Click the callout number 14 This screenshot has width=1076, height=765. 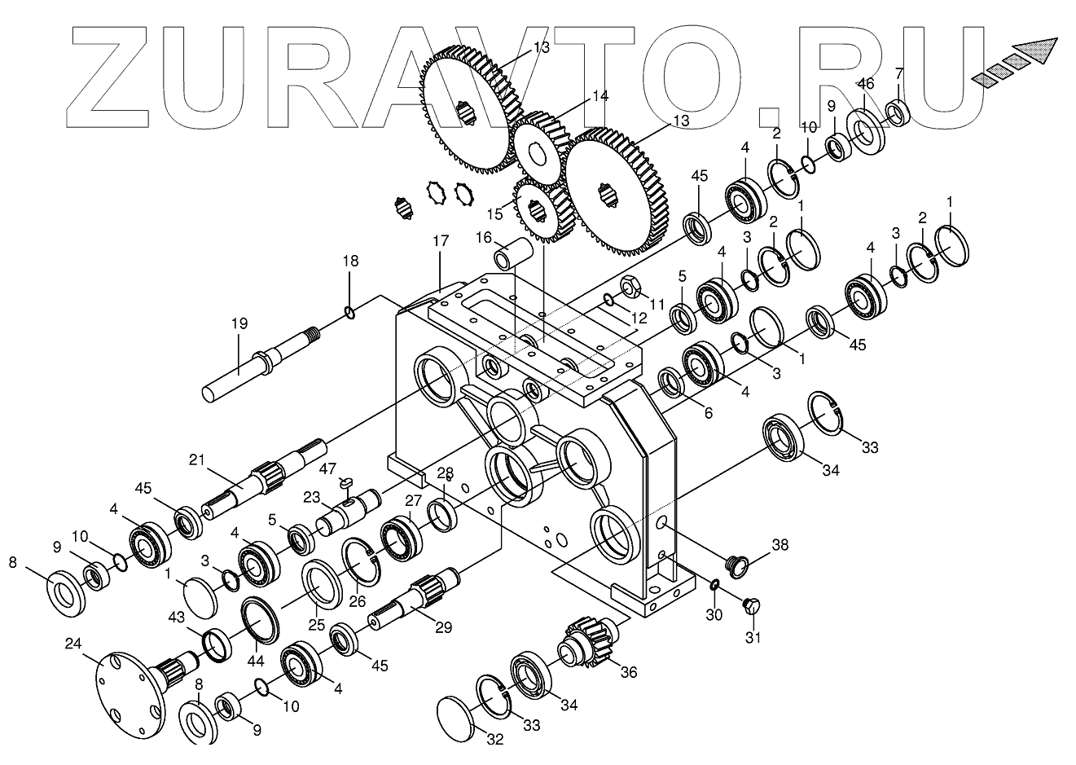(x=600, y=95)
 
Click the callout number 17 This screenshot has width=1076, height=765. (x=441, y=241)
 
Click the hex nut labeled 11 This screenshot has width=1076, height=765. (x=629, y=288)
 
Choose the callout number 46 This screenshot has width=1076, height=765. (x=866, y=83)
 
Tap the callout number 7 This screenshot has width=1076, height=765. (x=898, y=73)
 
